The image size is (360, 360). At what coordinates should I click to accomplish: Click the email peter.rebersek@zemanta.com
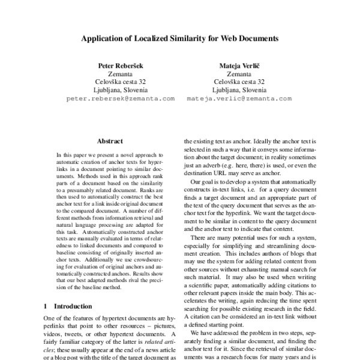121,97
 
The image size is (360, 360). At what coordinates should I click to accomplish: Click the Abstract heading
110,142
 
